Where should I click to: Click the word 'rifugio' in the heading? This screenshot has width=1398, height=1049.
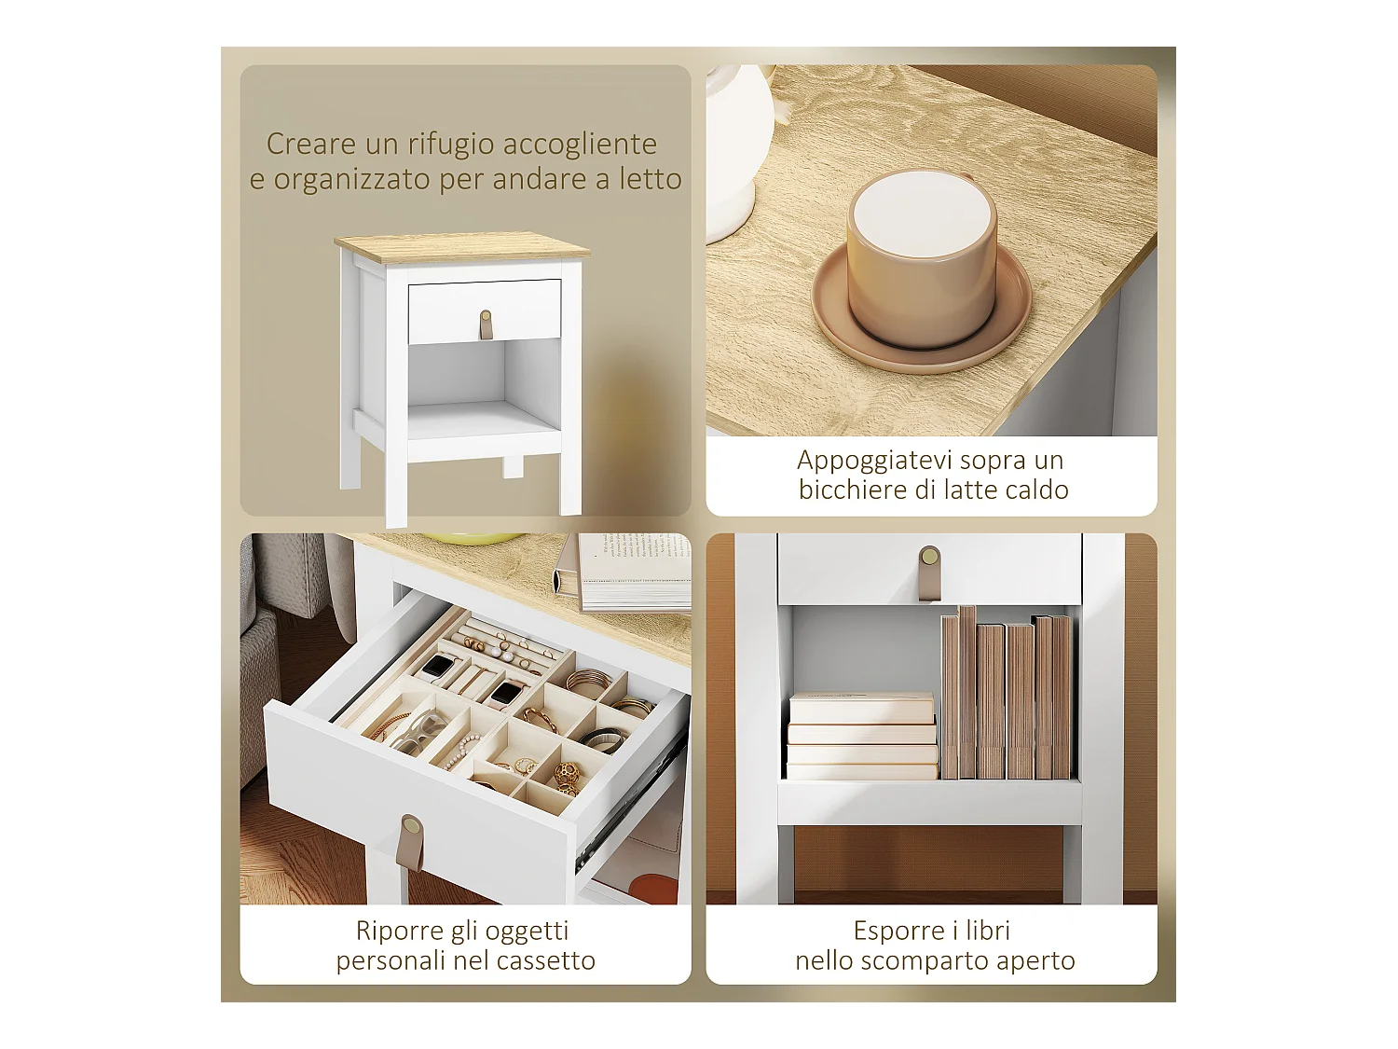450,145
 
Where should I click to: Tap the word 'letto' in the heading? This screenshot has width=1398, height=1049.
651,179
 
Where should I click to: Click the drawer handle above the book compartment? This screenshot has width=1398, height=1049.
929,572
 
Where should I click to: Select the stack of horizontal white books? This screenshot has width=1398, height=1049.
862,737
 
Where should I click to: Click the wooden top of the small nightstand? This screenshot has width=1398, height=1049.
462,247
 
